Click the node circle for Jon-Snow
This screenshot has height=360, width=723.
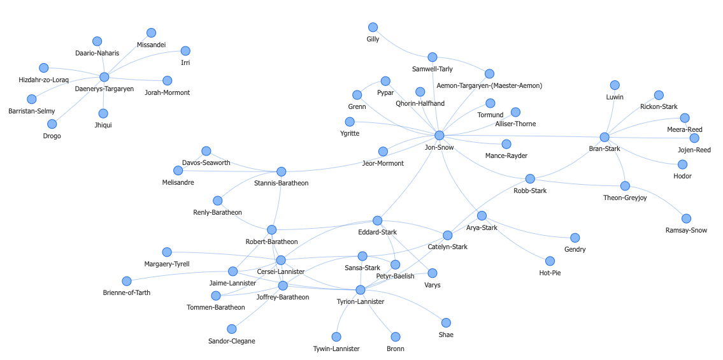point(439,135)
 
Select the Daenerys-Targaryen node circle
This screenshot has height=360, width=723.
point(104,77)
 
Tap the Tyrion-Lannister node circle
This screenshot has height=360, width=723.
point(361,290)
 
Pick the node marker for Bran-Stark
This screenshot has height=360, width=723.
point(605,137)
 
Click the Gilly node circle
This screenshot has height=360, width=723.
point(373,27)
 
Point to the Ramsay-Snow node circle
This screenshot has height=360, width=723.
point(686,219)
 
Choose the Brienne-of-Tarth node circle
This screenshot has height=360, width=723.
point(127,281)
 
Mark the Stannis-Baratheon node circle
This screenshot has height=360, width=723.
point(281,171)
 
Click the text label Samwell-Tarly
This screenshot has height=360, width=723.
point(433,69)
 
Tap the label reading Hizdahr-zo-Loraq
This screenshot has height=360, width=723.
point(43,80)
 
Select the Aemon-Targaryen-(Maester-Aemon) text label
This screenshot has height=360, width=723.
point(489,85)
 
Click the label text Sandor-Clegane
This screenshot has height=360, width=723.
point(231,341)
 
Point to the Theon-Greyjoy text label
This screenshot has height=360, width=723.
point(624,198)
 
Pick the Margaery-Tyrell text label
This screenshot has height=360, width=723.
point(167,264)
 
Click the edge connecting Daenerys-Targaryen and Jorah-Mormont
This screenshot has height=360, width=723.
point(137,80)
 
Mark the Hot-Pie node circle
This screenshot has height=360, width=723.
point(550,261)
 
